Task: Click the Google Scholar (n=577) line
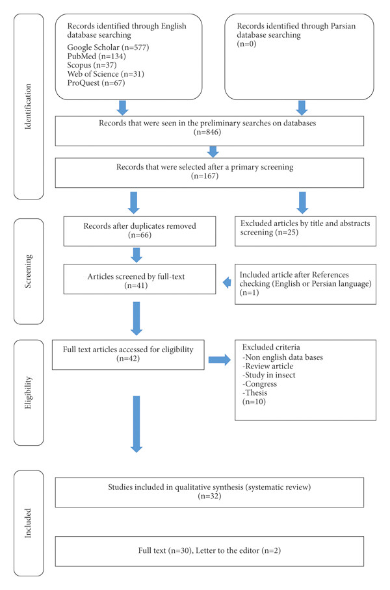108,47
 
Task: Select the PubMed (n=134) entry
96,57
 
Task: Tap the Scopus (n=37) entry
92,65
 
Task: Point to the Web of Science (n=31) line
106,74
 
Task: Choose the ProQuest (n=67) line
96,83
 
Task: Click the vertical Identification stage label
28,107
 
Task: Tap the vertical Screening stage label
28,272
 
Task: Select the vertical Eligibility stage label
28,392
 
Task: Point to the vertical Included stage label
28,523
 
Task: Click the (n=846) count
207,132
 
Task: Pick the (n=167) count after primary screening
205,176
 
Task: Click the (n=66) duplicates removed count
140,235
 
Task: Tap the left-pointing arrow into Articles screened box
227,282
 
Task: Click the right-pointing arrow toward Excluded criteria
220,360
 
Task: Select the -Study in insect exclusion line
269,375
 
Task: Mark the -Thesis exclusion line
255,393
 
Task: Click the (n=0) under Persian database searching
246,44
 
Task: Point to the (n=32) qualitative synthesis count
210,496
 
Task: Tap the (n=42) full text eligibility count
128,359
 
